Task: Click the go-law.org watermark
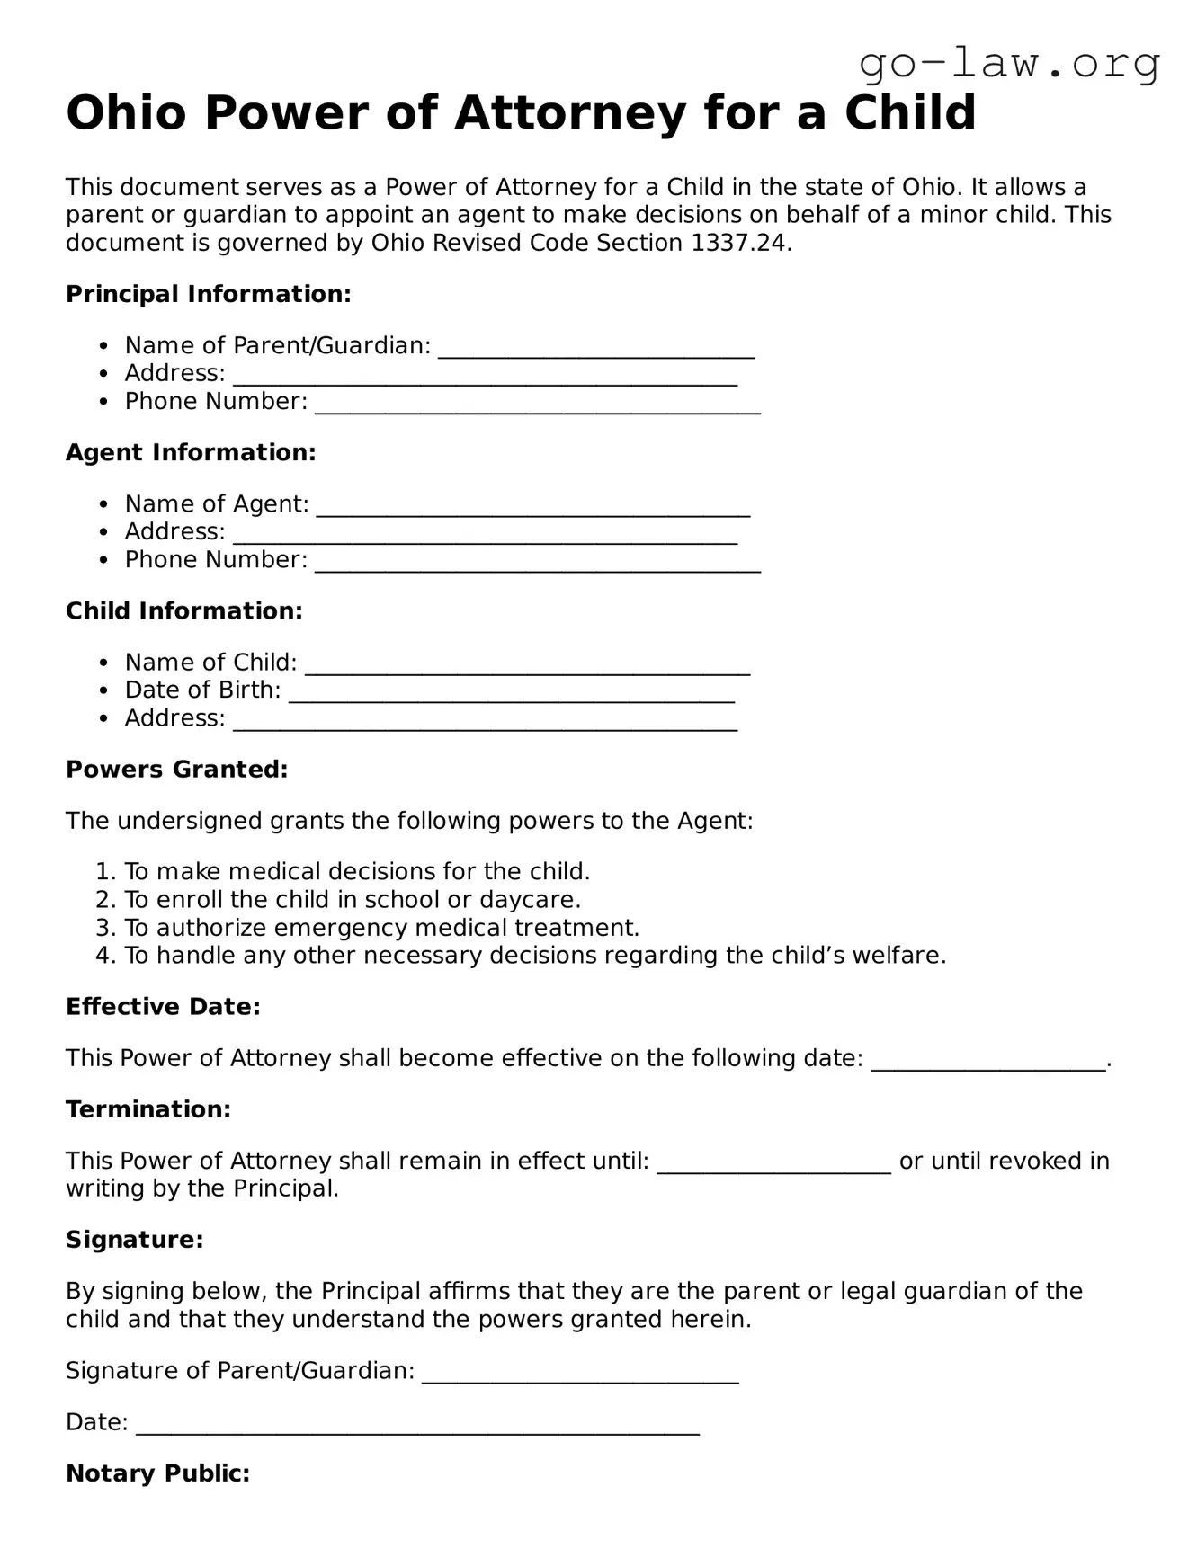pos(1009,64)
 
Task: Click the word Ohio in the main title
pos(127,113)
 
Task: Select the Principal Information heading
pos(208,294)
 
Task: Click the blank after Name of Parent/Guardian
pos(595,349)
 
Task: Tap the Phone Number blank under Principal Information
pos(537,405)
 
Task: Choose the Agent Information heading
pos(191,452)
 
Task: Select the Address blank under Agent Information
pos(485,535)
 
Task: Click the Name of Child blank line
pos(527,665)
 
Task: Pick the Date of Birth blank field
pos(511,693)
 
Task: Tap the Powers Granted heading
pos(176,770)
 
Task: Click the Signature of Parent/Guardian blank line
pos(580,1374)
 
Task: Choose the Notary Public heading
pos(157,1473)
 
